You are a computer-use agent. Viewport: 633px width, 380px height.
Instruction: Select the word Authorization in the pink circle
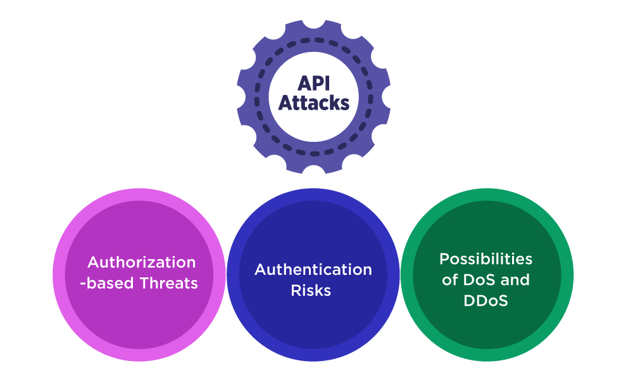coord(141,262)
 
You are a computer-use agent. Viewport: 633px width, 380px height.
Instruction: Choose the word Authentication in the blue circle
coord(313,270)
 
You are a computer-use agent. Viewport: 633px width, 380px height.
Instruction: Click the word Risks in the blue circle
coord(311,291)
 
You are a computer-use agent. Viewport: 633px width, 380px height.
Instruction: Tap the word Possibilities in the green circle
coord(486,259)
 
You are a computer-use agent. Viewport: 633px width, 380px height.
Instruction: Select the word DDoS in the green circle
coord(485,301)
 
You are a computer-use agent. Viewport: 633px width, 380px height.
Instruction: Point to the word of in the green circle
coord(449,280)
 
